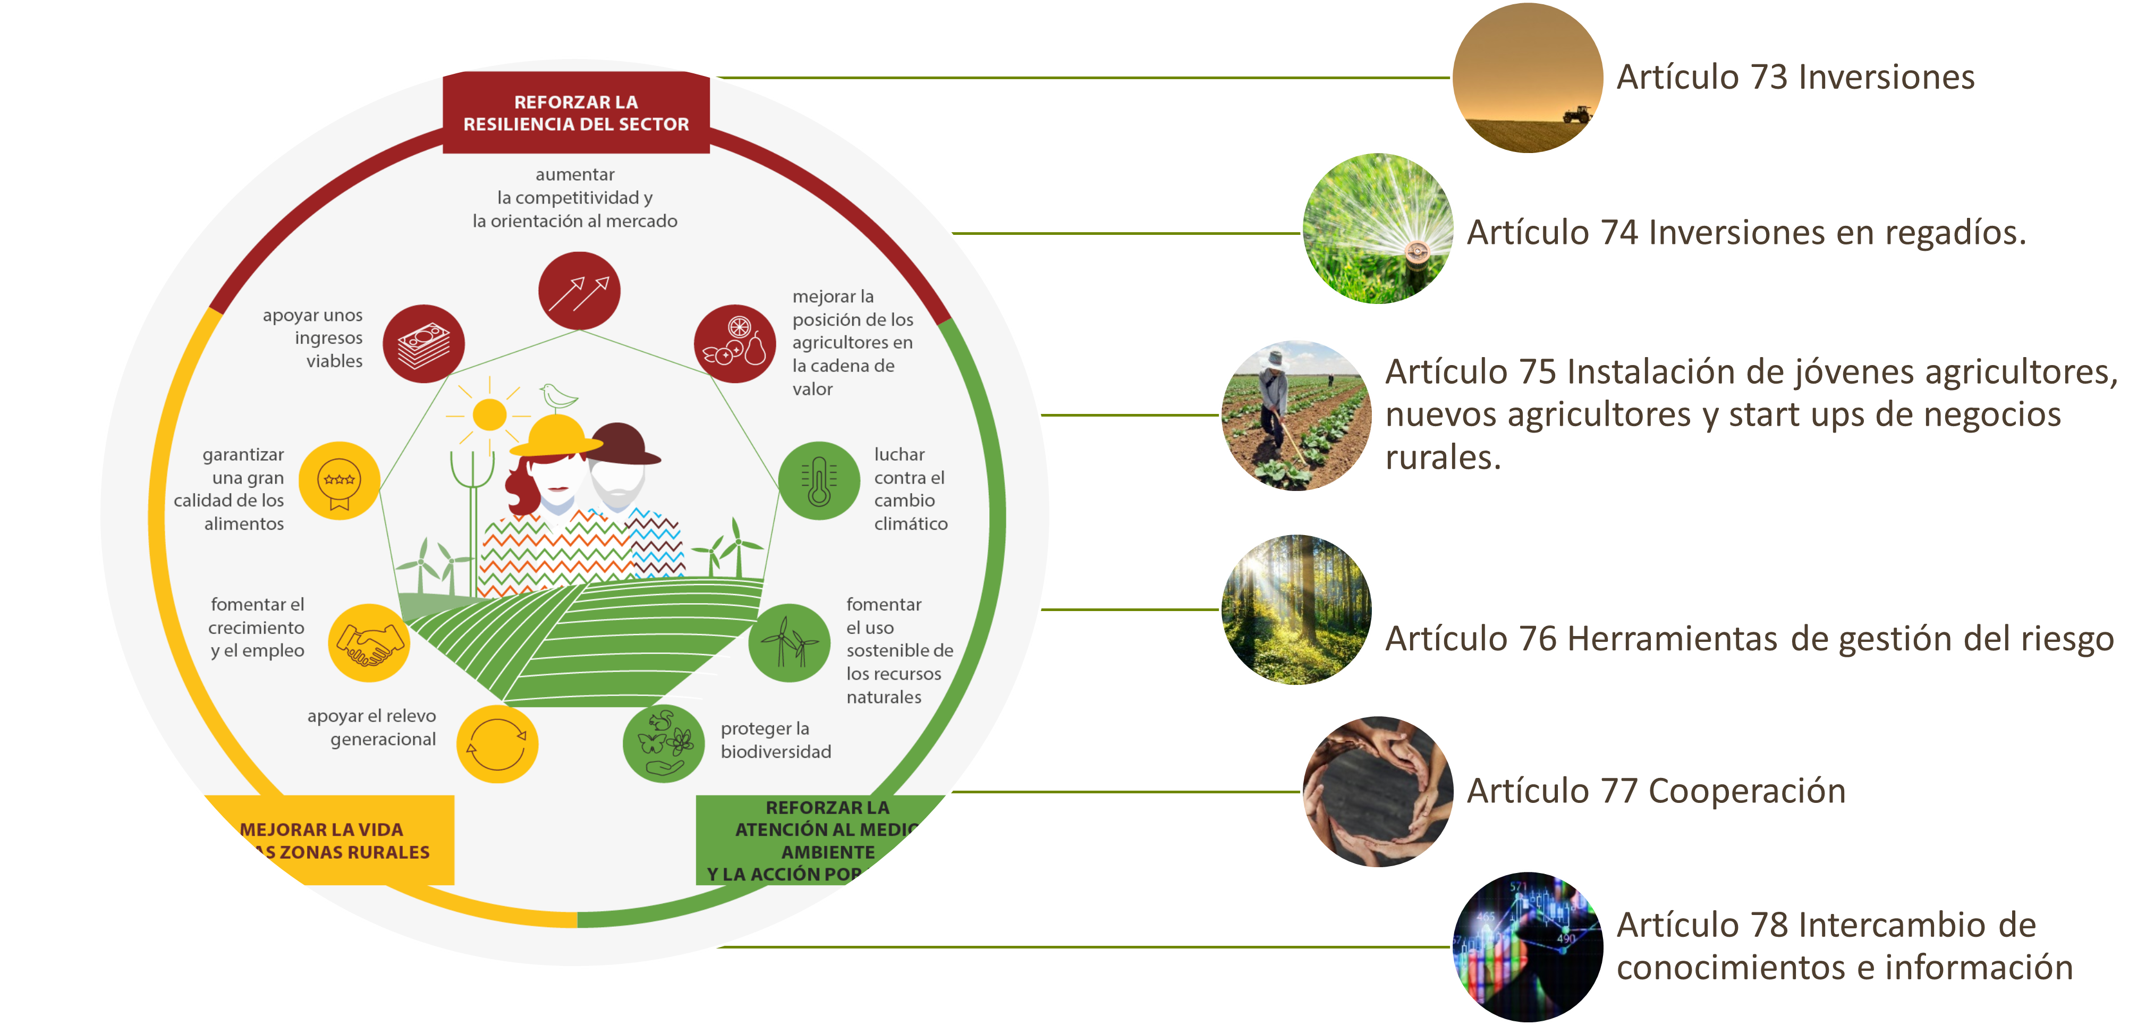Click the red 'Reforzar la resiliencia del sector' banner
576,113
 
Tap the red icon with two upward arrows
579,291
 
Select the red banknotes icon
423,344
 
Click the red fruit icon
735,344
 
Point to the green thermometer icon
819,481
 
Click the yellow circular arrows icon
497,743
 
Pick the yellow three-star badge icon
340,481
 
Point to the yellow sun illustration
489,414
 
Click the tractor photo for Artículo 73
1527,78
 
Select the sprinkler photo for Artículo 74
1378,228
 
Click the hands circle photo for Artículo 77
1378,791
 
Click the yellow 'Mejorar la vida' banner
335,840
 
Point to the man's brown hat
623,443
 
